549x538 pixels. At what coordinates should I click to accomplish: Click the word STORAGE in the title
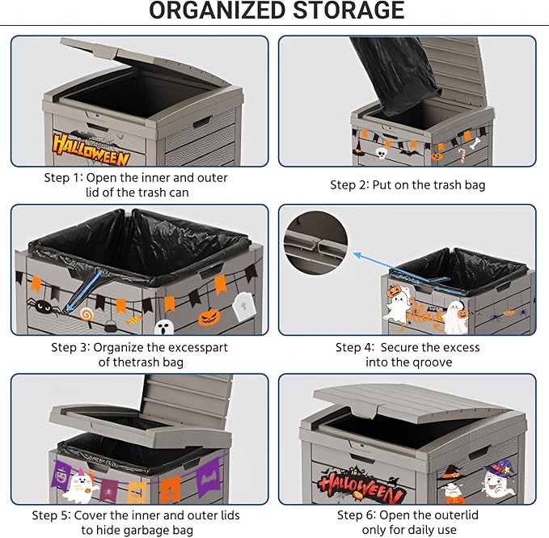(x=348, y=11)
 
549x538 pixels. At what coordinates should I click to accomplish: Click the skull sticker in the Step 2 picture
(x=381, y=153)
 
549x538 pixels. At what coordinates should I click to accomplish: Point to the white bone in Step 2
(x=475, y=143)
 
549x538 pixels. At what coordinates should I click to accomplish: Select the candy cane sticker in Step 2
(x=462, y=155)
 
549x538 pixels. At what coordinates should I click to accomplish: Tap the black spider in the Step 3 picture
(x=43, y=307)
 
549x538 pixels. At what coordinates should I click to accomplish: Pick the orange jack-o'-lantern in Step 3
(x=209, y=317)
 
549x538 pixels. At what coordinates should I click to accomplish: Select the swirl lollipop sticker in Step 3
(x=87, y=314)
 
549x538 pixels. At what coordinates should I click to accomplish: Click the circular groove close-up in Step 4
(x=315, y=243)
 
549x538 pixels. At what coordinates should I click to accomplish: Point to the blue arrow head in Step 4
(x=358, y=255)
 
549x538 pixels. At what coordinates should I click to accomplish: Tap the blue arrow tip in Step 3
(x=67, y=309)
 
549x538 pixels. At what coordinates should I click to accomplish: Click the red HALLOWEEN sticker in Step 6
(x=361, y=485)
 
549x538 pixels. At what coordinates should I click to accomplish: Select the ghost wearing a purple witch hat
(x=498, y=480)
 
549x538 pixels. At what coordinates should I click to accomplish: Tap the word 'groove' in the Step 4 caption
(x=432, y=362)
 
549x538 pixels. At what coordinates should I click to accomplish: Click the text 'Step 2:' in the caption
(x=349, y=184)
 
